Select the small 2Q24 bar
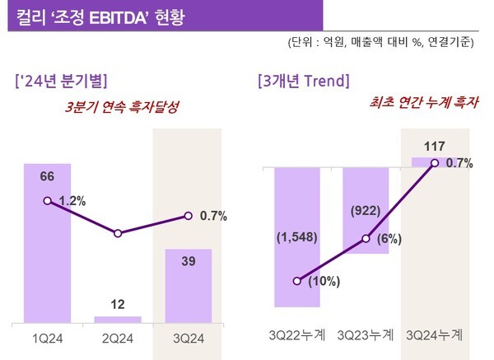pos(118,318)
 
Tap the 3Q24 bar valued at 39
pos(188,286)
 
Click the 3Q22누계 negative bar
pos(296,236)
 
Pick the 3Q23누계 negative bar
pos(367,209)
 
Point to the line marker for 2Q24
pos(118,234)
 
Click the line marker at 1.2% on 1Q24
pos(47,200)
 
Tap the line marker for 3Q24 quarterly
pos(188,216)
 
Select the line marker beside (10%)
pos(297,280)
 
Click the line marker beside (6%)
pos(367,240)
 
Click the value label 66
pos(47,176)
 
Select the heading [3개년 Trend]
pos(303,81)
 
